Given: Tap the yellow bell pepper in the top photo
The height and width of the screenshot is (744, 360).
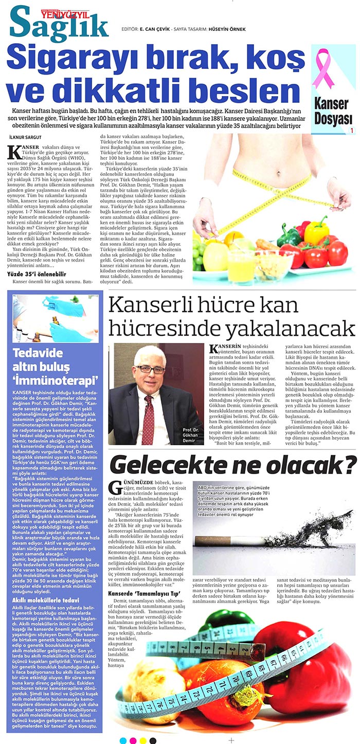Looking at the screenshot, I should click(316, 233).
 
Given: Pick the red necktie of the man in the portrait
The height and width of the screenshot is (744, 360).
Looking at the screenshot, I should click(148, 416).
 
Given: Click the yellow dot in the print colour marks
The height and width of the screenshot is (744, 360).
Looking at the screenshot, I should click(143, 740).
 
